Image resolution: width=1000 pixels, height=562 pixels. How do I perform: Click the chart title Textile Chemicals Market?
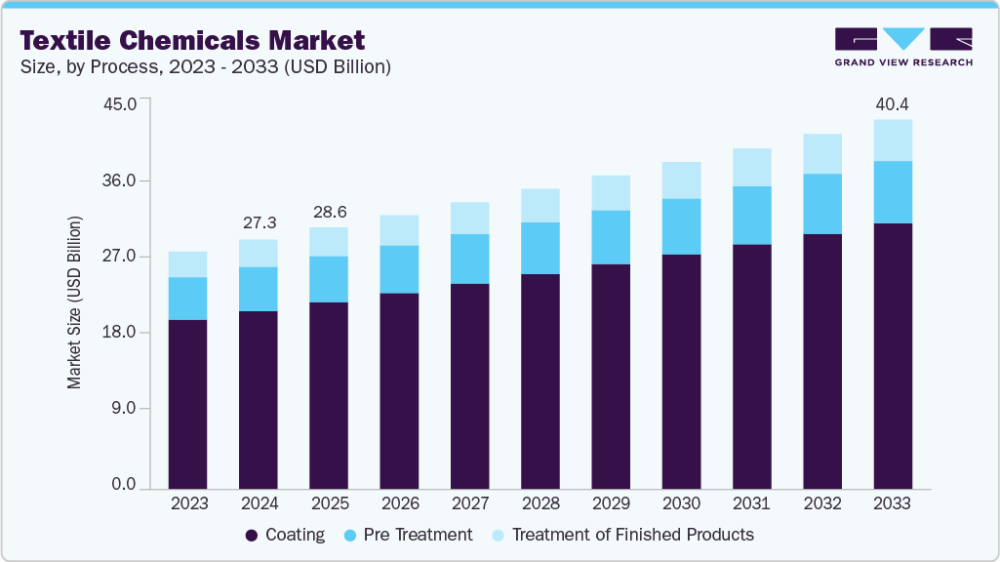pyautogui.click(x=192, y=40)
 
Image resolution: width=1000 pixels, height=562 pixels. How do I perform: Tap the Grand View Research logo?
pyautogui.click(x=902, y=47)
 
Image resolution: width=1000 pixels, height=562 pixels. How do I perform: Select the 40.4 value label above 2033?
pyautogui.click(x=892, y=102)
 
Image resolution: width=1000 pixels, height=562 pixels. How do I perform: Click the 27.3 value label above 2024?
pyautogui.click(x=258, y=222)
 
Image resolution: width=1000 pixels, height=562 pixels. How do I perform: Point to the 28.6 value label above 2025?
pyautogui.click(x=328, y=211)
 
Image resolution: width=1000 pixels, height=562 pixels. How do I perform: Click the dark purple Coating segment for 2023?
pyautogui.click(x=187, y=403)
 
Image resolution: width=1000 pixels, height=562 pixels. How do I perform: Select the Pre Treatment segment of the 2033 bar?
pyautogui.click(x=892, y=192)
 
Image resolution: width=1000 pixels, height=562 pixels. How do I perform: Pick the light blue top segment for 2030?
pyautogui.click(x=681, y=181)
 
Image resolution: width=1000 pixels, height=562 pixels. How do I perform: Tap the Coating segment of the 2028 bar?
pyautogui.click(x=540, y=381)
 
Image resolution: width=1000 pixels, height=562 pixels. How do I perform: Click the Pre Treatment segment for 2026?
pyautogui.click(x=399, y=269)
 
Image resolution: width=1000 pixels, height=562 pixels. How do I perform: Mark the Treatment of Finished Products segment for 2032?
pyautogui.click(x=821, y=153)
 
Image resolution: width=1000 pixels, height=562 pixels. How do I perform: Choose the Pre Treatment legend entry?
pyautogui.click(x=409, y=535)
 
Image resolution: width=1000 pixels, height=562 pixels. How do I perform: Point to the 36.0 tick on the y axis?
pyautogui.click(x=129, y=181)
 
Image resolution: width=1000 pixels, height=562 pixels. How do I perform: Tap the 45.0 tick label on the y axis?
pyautogui.click(x=129, y=103)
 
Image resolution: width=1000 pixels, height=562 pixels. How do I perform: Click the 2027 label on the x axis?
pyautogui.click(x=469, y=504)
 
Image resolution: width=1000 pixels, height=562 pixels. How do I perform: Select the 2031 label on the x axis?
pyautogui.click(x=751, y=504)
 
